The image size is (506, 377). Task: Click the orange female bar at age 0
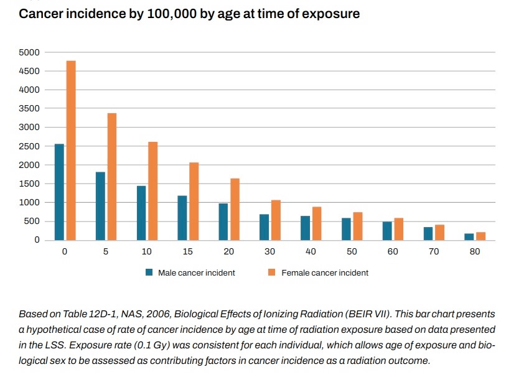[71, 150]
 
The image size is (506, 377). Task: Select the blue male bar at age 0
[59, 192]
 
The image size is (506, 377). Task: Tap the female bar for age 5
[112, 176]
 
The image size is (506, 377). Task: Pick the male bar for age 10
[141, 213]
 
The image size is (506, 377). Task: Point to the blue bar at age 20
[223, 221]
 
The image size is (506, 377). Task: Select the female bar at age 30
[276, 220]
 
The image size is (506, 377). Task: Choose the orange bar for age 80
[481, 236]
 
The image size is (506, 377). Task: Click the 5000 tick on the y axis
[31, 52]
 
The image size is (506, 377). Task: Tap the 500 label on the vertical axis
[33, 221]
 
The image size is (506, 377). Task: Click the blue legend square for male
[149, 272]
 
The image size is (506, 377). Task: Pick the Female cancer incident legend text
[325, 272]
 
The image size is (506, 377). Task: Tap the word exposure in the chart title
[328, 13]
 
